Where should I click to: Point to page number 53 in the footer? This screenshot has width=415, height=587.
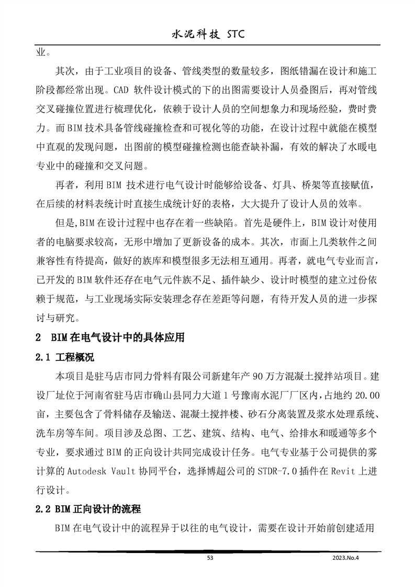coord(210,558)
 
